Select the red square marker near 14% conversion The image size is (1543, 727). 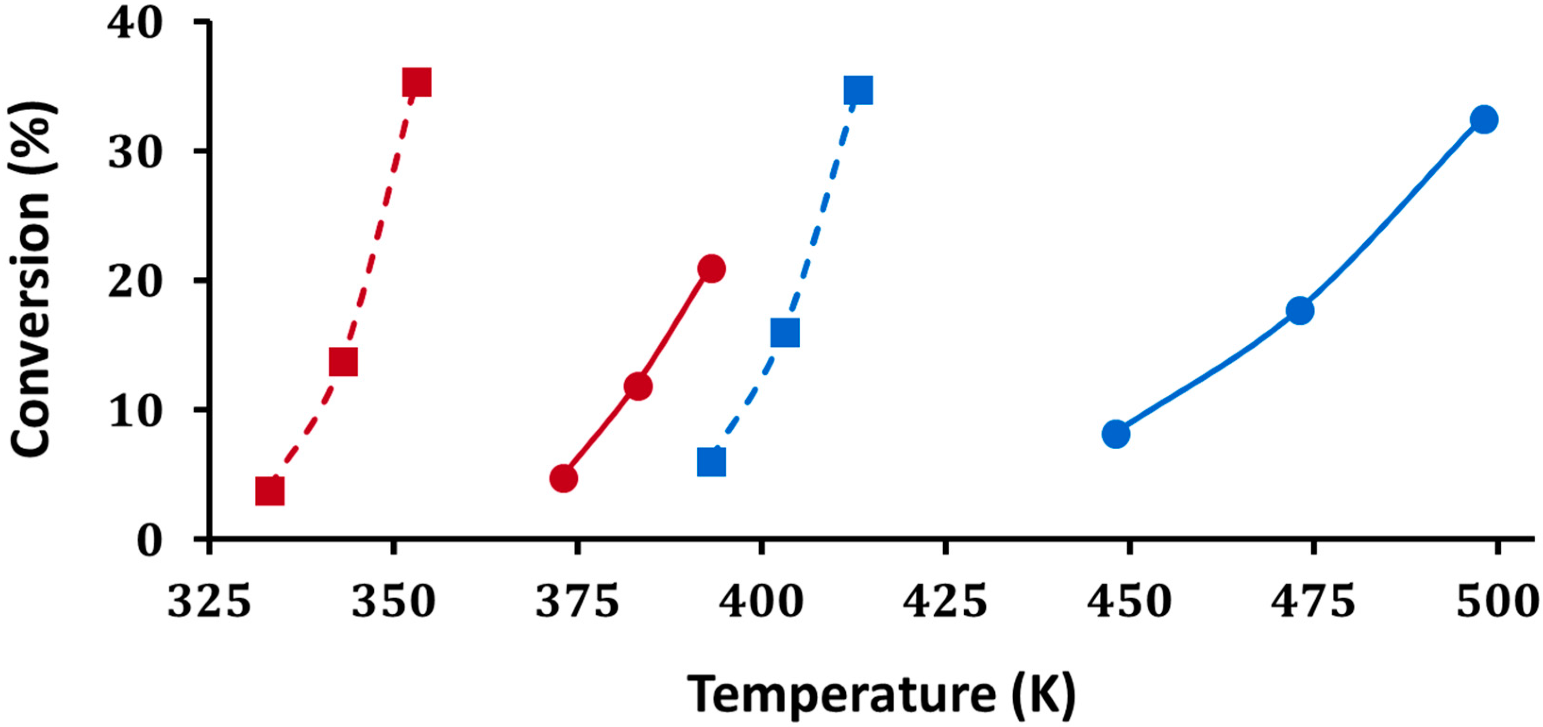(x=343, y=362)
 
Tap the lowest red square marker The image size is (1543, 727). (x=269, y=492)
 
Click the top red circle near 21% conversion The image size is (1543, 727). (x=712, y=268)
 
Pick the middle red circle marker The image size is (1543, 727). (x=638, y=386)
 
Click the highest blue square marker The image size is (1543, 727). (x=858, y=91)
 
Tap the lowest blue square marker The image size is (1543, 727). (x=712, y=462)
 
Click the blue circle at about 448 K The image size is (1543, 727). (x=1116, y=434)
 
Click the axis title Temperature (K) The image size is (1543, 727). (x=881, y=694)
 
